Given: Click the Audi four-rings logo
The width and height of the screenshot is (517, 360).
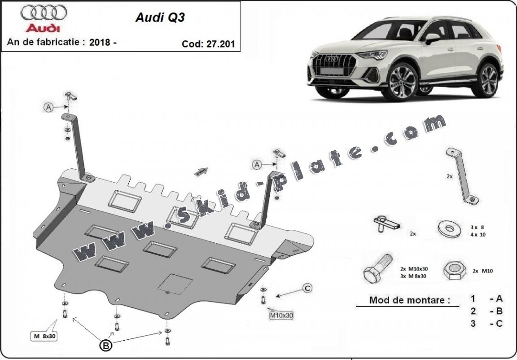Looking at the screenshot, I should point(44,13).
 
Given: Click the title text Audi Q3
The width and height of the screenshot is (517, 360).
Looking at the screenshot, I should point(160,18).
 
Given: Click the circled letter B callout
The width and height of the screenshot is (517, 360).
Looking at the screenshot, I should point(106,345).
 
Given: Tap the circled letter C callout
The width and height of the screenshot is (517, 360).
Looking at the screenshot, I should point(307,288).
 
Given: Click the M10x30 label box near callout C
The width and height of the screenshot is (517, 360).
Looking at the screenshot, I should point(281,315).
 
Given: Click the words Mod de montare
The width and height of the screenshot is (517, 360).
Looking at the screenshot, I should point(409,300).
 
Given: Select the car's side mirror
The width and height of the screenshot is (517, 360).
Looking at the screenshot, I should point(432,38).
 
